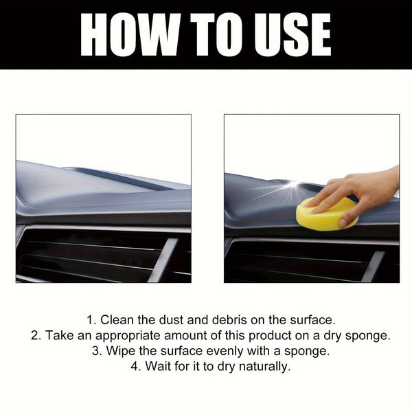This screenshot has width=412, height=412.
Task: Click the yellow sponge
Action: coord(325,214)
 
